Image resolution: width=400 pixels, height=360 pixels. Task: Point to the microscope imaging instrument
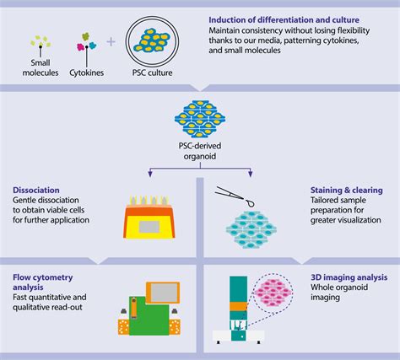pos(243,312)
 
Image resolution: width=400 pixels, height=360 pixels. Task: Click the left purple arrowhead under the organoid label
pos(149,175)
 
